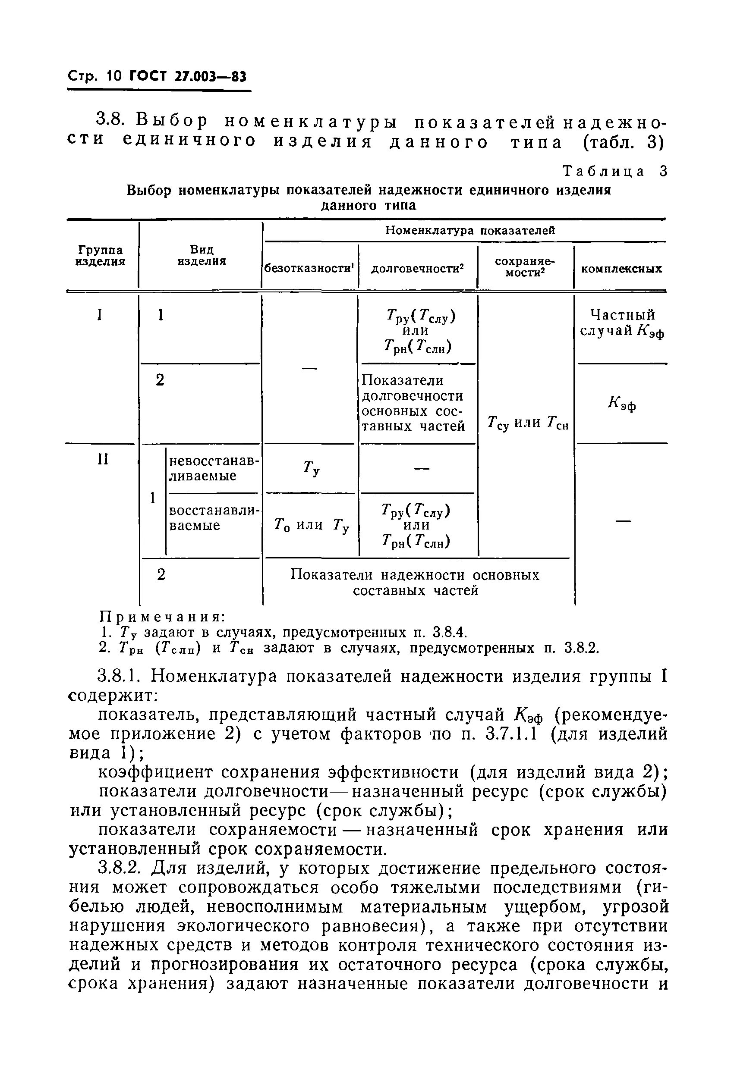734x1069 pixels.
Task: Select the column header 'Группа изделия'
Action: [x=100, y=256]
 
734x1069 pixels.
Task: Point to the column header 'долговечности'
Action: [x=417, y=269]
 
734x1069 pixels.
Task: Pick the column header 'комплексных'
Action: [x=621, y=269]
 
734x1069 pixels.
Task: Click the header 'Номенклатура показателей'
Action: [x=470, y=230]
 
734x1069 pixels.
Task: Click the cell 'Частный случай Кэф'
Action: [x=622, y=323]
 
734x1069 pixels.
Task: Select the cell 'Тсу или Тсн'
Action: [x=528, y=423]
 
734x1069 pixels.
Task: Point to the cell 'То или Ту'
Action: [x=312, y=525]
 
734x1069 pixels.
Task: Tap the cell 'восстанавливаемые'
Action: [x=214, y=518]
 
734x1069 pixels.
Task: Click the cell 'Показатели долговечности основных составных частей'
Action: [x=413, y=403]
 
